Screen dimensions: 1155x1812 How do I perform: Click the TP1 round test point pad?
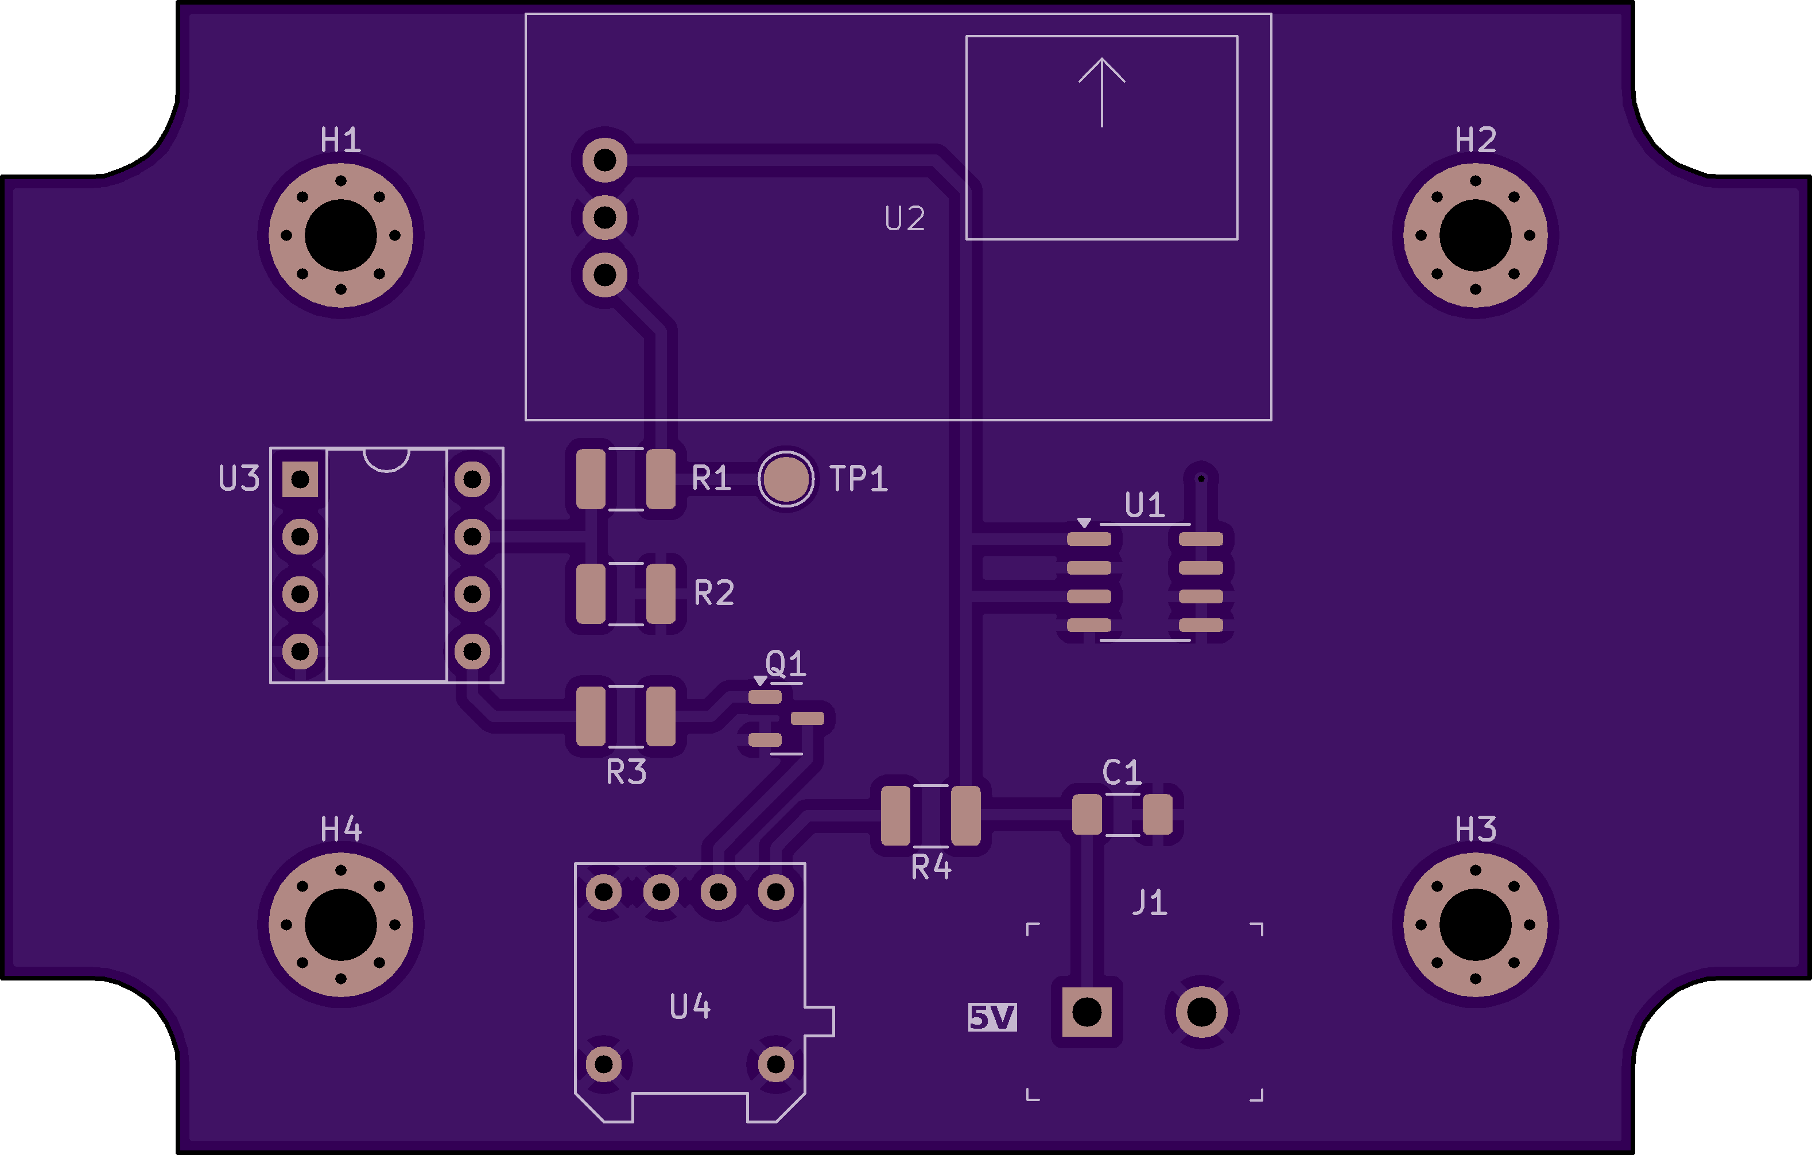[x=786, y=479]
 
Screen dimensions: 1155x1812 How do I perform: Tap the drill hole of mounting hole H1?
[x=341, y=235]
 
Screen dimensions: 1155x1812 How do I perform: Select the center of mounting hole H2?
[x=1475, y=235]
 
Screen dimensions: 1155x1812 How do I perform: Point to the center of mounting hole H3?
[x=1475, y=925]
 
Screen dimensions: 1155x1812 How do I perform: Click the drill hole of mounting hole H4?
[x=341, y=925]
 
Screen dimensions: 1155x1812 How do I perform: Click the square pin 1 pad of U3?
[x=300, y=479]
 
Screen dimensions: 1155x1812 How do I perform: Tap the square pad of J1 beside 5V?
[x=1087, y=1012]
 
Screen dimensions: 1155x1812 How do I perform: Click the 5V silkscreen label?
[x=992, y=1017]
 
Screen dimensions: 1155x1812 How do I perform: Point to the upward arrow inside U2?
[x=1101, y=90]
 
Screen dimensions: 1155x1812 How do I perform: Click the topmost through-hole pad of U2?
[x=605, y=160]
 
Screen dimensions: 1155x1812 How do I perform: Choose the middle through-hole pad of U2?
[x=605, y=218]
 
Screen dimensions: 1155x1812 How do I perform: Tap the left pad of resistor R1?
[x=591, y=479]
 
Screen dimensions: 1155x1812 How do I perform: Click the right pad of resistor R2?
[x=661, y=594]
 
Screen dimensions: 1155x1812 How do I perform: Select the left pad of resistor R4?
[x=895, y=816]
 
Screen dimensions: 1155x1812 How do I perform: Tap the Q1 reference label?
[x=786, y=664]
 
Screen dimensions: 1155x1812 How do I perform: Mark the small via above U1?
[x=1201, y=479]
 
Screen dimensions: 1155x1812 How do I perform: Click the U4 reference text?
[x=689, y=1007]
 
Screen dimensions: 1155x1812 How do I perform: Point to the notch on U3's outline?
[x=387, y=460]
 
